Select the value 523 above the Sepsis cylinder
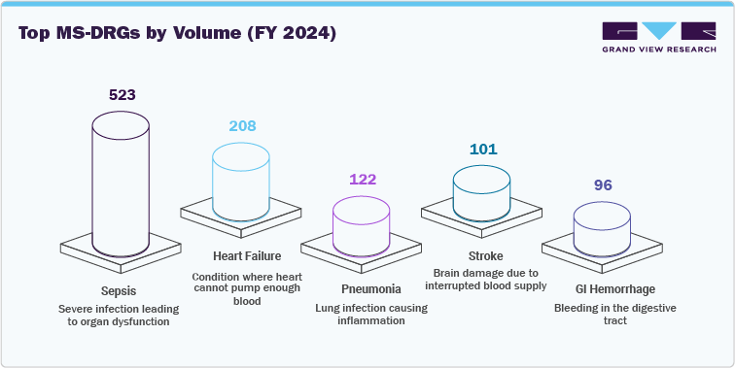[x=122, y=95]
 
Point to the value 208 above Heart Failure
[x=242, y=126]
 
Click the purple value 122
[x=363, y=180]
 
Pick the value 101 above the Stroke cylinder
[x=483, y=150]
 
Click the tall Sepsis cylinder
[x=122, y=184]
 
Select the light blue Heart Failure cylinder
[x=242, y=182]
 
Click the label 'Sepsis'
[x=122, y=290]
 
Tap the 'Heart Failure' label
[x=242, y=256]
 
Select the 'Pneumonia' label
[x=363, y=289]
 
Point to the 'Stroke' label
[x=483, y=255]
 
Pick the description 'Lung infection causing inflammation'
[x=363, y=314]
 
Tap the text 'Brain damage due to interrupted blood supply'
[x=483, y=280]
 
